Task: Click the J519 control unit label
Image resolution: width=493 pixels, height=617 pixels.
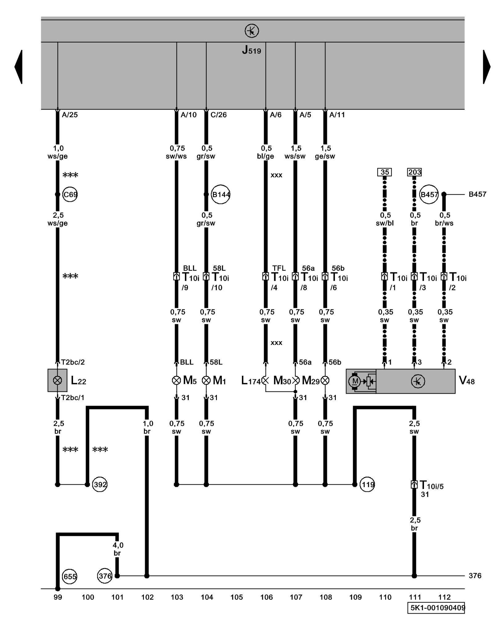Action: [x=251, y=50]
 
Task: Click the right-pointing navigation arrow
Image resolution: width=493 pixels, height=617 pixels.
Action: [x=486, y=67]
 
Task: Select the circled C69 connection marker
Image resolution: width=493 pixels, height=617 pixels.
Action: [x=70, y=194]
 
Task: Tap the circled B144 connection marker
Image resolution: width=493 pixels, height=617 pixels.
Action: [x=221, y=194]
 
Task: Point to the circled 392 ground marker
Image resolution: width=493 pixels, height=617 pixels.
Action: [x=100, y=484]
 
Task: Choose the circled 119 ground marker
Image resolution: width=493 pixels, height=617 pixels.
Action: [x=367, y=484]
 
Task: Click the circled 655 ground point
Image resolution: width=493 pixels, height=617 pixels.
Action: [x=70, y=576]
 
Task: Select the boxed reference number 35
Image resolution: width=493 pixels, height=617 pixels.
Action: [x=385, y=172]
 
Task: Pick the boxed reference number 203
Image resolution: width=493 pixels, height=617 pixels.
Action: [x=414, y=172]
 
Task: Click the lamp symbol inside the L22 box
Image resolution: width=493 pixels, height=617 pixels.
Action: [x=58, y=380]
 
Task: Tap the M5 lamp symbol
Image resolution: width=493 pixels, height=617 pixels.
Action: [x=177, y=380]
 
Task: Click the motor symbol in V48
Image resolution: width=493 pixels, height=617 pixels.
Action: [x=355, y=381]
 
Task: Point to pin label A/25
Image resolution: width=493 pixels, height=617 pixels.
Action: [x=70, y=115]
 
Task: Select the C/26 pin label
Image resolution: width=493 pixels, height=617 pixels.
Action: [x=218, y=115]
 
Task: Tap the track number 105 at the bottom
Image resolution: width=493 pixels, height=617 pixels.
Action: [x=237, y=597]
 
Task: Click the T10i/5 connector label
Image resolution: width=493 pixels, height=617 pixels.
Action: [x=431, y=486]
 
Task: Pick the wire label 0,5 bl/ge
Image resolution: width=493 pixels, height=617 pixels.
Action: [x=266, y=152]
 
